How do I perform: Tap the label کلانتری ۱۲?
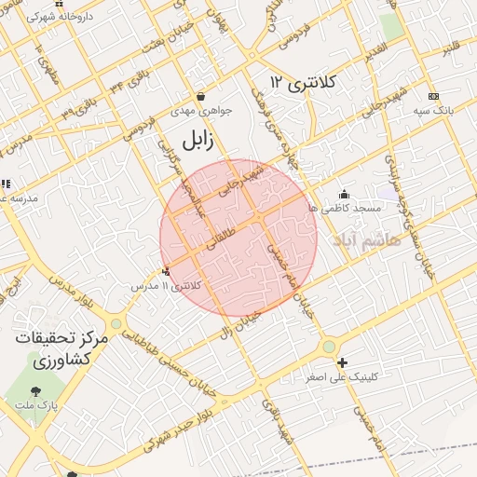[x=303, y=83]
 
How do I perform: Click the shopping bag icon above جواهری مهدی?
[x=201, y=96]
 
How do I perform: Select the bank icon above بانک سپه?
[x=433, y=96]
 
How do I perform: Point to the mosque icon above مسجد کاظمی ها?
[x=344, y=195]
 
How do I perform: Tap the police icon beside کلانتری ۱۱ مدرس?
[x=167, y=271]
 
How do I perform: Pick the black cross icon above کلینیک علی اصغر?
[x=343, y=362]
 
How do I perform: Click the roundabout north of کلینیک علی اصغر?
[x=328, y=347]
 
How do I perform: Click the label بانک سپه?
[x=434, y=110]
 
